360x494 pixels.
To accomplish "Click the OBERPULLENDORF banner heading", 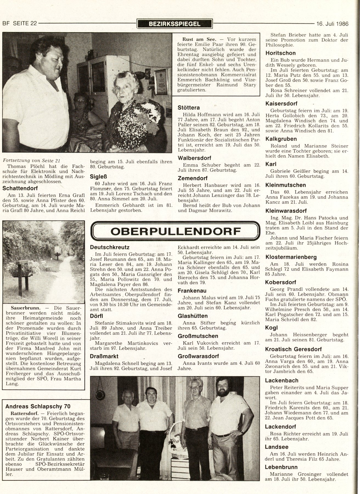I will (175, 232).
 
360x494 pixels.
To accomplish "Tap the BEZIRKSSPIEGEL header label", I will (175, 24).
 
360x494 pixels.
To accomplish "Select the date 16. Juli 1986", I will (332, 24).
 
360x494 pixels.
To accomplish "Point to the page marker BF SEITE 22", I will (19, 24).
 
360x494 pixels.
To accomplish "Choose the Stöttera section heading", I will (189, 108).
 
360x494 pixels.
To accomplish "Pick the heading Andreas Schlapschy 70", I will (38, 406).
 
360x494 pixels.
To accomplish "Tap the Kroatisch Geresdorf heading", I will (293, 349).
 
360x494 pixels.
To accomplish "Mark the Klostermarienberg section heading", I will (291, 257).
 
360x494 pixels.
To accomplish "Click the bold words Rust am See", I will (195, 39).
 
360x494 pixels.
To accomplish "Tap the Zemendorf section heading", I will (192, 178).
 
